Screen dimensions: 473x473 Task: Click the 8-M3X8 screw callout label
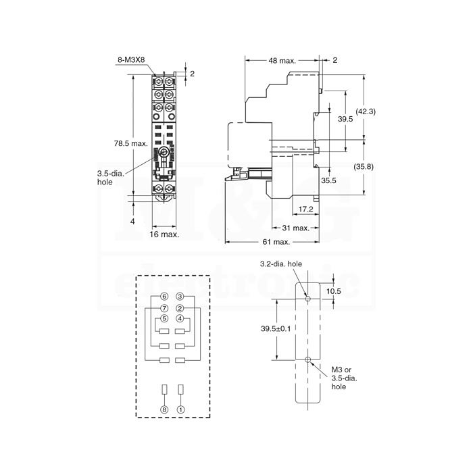click(131, 59)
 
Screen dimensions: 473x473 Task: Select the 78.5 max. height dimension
click(130, 143)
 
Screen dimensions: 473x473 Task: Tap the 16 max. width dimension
click(164, 234)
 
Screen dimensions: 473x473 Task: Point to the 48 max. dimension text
click(282, 61)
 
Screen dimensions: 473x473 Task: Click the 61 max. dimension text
click(276, 242)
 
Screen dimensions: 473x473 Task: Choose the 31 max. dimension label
click(296, 228)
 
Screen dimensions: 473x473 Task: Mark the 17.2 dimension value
click(306, 209)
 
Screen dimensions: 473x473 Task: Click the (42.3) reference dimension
click(366, 111)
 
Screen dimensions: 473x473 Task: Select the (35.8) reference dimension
click(364, 166)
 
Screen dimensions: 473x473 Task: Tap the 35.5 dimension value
click(328, 180)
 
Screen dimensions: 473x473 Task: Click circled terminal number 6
click(164, 297)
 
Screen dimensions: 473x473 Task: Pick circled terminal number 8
click(164, 409)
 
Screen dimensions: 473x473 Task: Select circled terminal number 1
click(181, 409)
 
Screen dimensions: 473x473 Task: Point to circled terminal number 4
click(180, 318)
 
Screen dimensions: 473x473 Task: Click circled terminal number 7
click(164, 308)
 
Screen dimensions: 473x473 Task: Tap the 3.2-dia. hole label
click(281, 264)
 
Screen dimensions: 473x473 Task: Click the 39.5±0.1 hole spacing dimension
click(276, 328)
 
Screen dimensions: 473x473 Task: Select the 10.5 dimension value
click(334, 291)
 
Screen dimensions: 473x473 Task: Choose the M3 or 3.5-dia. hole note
click(344, 378)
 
